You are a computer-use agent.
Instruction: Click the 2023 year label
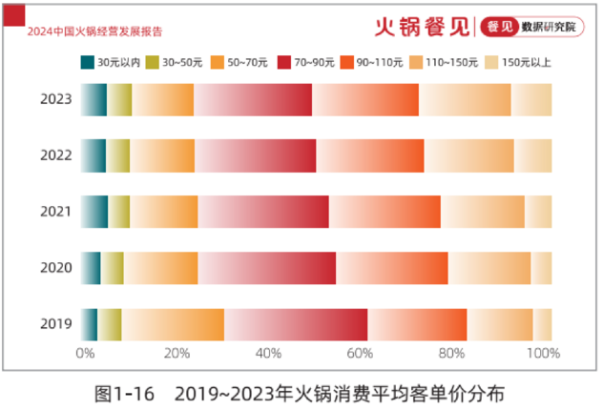pos(55,99)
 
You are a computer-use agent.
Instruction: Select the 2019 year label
pos(55,324)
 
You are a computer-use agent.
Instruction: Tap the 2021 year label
pos(55,212)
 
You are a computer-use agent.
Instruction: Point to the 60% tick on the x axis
pos(359,355)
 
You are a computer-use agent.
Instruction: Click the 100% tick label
pos(542,355)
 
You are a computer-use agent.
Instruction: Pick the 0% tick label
pos(85,355)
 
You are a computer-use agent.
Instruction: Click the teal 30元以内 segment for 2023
pos(94,99)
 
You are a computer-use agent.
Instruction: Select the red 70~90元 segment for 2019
pos(296,324)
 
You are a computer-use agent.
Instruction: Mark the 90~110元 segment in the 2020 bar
pos(392,268)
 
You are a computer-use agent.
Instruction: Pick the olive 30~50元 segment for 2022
pos(117,155)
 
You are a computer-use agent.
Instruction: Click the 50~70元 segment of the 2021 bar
pos(164,212)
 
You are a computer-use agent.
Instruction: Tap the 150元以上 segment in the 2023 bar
pos(531,99)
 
